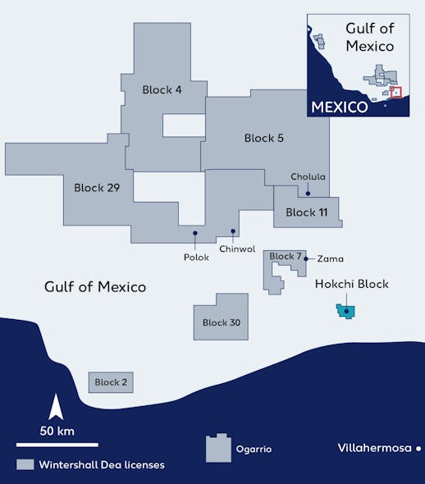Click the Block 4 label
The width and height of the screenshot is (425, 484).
[x=162, y=90]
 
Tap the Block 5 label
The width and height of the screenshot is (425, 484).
[x=264, y=139]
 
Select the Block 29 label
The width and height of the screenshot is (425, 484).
[x=97, y=188]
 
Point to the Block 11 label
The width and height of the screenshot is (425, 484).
[x=306, y=212]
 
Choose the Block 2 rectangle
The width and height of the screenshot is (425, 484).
[x=111, y=382]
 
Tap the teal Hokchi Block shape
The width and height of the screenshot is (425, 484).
[x=347, y=311]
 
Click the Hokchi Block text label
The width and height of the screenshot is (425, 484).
[x=352, y=285]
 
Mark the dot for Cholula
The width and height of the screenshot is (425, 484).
[x=308, y=194]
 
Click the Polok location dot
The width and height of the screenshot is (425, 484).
[x=195, y=233]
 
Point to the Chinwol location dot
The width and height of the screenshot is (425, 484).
[x=233, y=231]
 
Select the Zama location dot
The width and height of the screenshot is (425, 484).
[x=306, y=258]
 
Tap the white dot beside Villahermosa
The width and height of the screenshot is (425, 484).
[x=418, y=448]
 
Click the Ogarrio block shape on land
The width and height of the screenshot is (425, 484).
[x=218, y=448]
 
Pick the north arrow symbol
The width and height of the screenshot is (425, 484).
[x=57, y=407]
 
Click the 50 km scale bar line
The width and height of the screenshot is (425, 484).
[x=57, y=444]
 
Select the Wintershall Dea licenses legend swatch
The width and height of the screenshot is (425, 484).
[x=25, y=465]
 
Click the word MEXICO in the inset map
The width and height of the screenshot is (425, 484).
[x=339, y=107]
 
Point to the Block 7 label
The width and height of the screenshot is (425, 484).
[x=286, y=257]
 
